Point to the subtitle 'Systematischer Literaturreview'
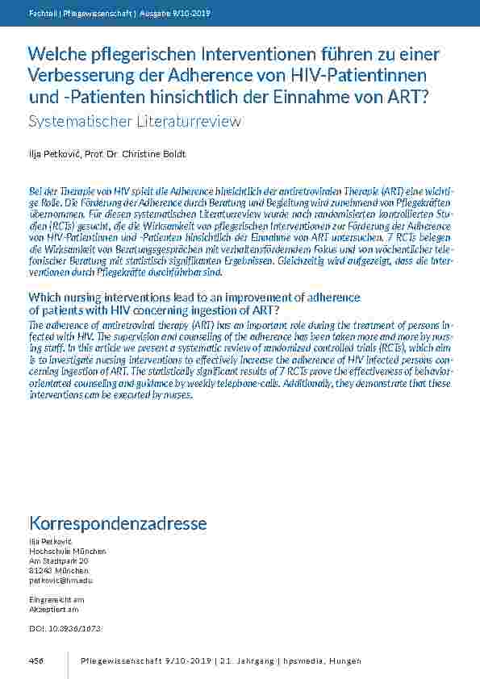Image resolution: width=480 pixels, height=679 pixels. point(135,121)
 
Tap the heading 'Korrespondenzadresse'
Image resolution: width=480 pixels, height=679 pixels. point(118,523)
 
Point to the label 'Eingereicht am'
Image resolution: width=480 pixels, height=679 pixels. point(56,600)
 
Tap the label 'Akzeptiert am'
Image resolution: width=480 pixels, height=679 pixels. point(54,610)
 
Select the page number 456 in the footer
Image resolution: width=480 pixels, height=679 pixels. point(35,661)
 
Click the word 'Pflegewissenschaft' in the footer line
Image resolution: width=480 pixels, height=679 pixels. point(117,661)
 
